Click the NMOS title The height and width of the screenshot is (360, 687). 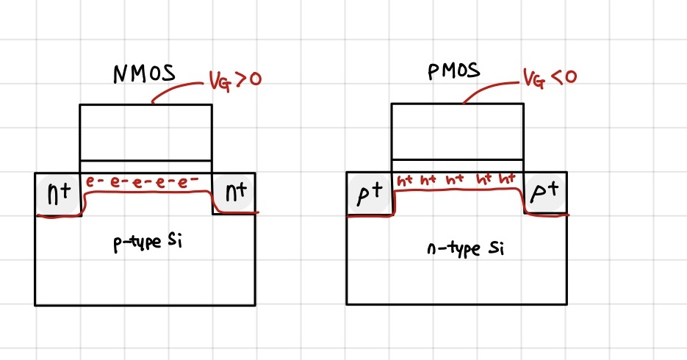pyautogui.click(x=145, y=74)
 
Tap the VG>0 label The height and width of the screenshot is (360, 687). pyautogui.click(x=235, y=79)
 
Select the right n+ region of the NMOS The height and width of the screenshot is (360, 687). pyautogui.click(x=234, y=193)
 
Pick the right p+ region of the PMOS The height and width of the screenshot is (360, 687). pyautogui.click(x=546, y=193)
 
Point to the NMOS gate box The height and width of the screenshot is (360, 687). pyautogui.click(x=145, y=132)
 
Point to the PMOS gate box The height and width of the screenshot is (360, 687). pyautogui.click(x=457, y=132)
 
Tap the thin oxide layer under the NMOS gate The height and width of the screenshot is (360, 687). pyautogui.click(x=145, y=167)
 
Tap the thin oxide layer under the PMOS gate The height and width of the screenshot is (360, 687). pyautogui.click(x=457, y=167)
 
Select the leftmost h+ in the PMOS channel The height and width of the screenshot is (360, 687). pyautogui.click(x=406, y=180)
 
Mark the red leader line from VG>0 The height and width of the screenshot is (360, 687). pyautogui.click(x=176, y=90)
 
